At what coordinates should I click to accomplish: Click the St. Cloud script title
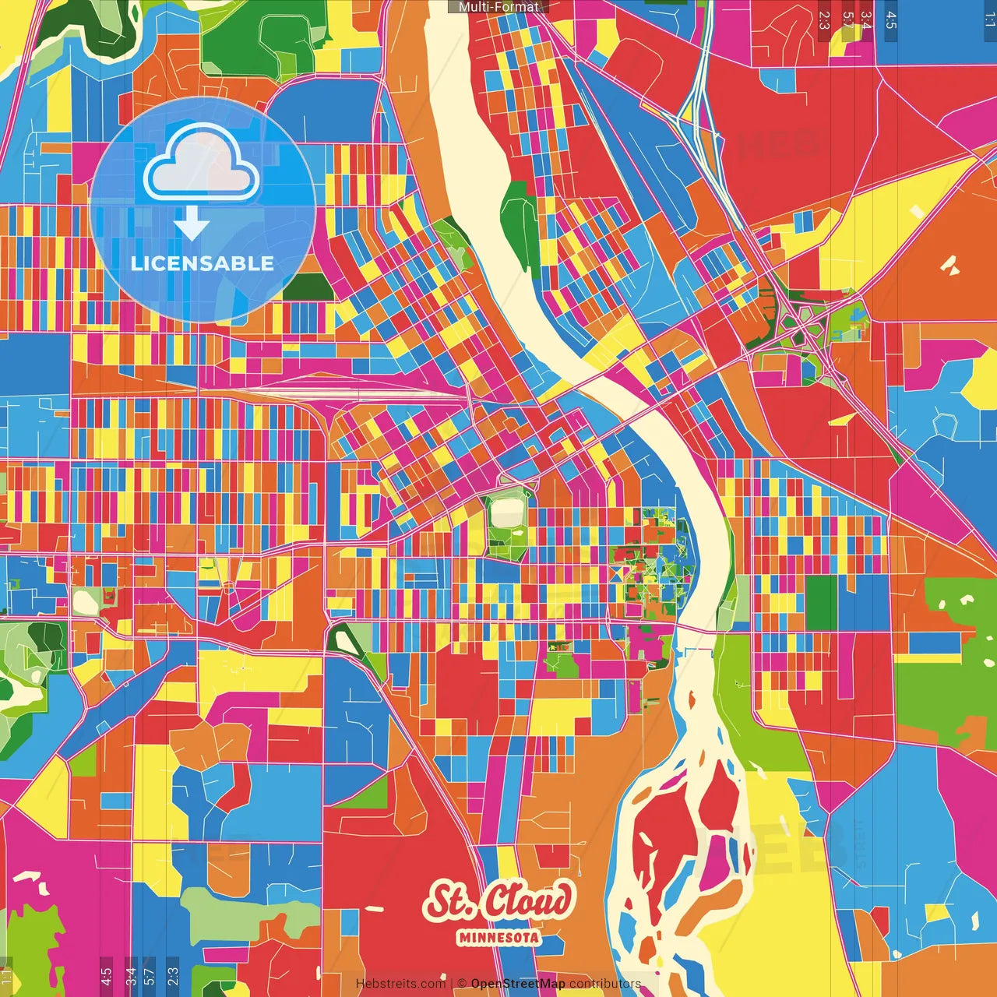[498, 901]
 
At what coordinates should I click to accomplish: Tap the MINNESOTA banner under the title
[498, 937]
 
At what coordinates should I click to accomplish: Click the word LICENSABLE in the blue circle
[202, 263]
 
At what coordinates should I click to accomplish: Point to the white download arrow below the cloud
[192, 224]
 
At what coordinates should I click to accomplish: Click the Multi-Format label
[498, 7]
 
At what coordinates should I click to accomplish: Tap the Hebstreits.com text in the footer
[400, 984]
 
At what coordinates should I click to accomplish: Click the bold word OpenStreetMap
[517, 984]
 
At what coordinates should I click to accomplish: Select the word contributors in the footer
[604, 984]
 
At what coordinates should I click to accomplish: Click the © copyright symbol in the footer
[462, 984]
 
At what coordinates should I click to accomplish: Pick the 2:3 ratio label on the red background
[824, 19]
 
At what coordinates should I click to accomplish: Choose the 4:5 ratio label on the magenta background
[106, 976]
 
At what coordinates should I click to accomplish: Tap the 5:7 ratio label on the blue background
[150, 976]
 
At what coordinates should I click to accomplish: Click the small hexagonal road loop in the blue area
[945, 425]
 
